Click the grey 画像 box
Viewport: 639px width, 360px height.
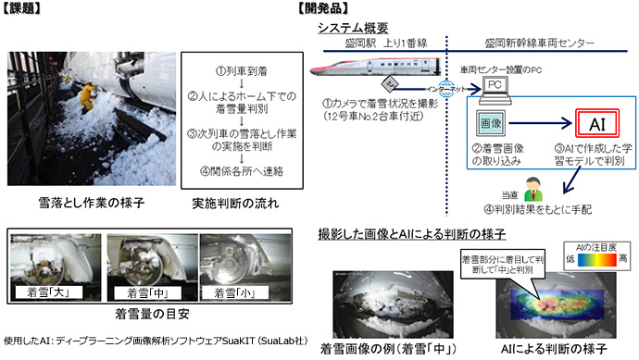click(x=489, y=122)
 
